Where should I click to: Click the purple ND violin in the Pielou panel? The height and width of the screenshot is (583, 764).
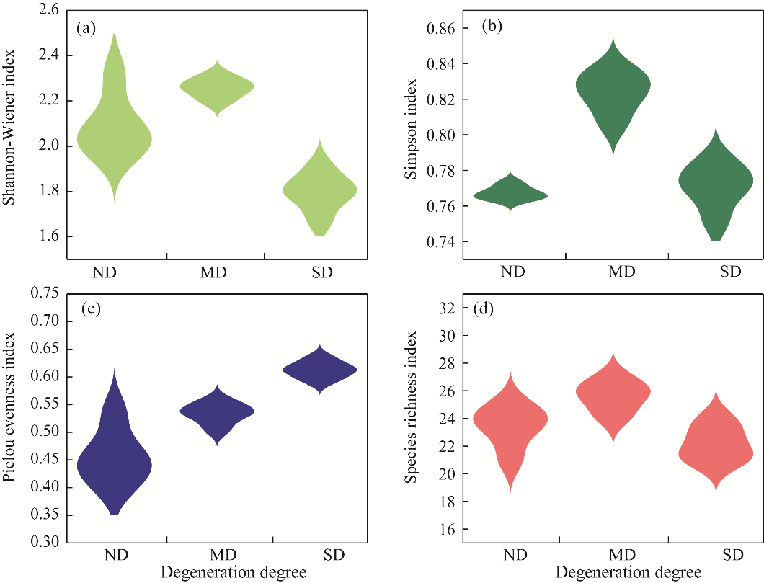[x=115, y=454]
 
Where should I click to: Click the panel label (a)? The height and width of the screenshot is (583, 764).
[x=86, y=29]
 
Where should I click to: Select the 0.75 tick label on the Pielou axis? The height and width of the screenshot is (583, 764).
[x=45, y=293]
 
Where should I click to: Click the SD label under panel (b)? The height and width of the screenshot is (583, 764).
[x=730, y=272]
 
